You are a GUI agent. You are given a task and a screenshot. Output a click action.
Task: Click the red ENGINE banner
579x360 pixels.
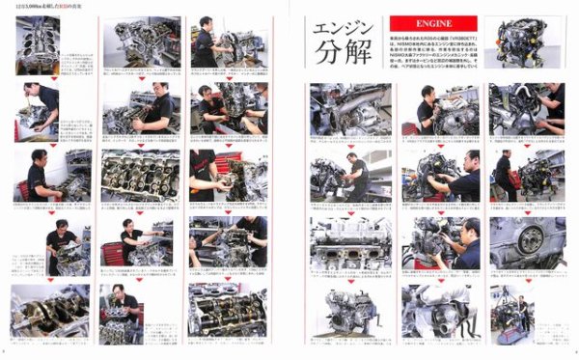point(420,18)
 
